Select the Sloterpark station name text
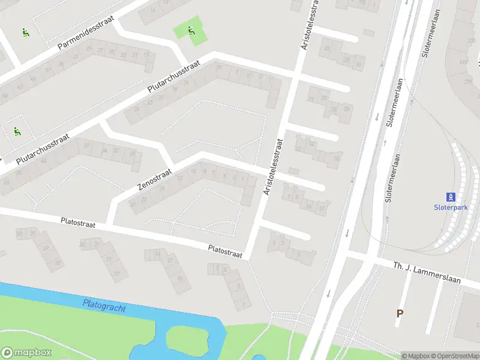450,207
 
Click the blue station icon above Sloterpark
451,196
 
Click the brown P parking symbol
400,313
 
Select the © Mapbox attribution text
415,356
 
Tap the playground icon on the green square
191,31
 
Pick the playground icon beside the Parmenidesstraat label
25,32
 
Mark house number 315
463,62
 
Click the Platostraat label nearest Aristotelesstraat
225,251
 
